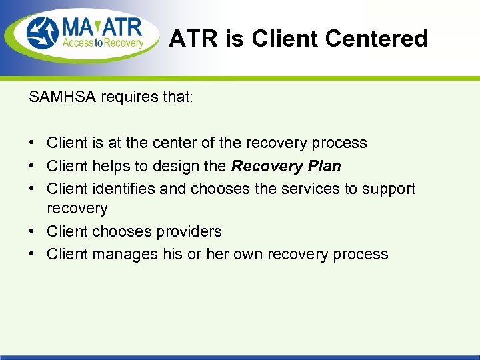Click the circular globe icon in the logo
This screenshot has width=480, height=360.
43,34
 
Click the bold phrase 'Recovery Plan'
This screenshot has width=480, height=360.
286,166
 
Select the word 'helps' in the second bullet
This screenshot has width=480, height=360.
111,166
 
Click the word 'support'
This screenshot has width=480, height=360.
389,189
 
